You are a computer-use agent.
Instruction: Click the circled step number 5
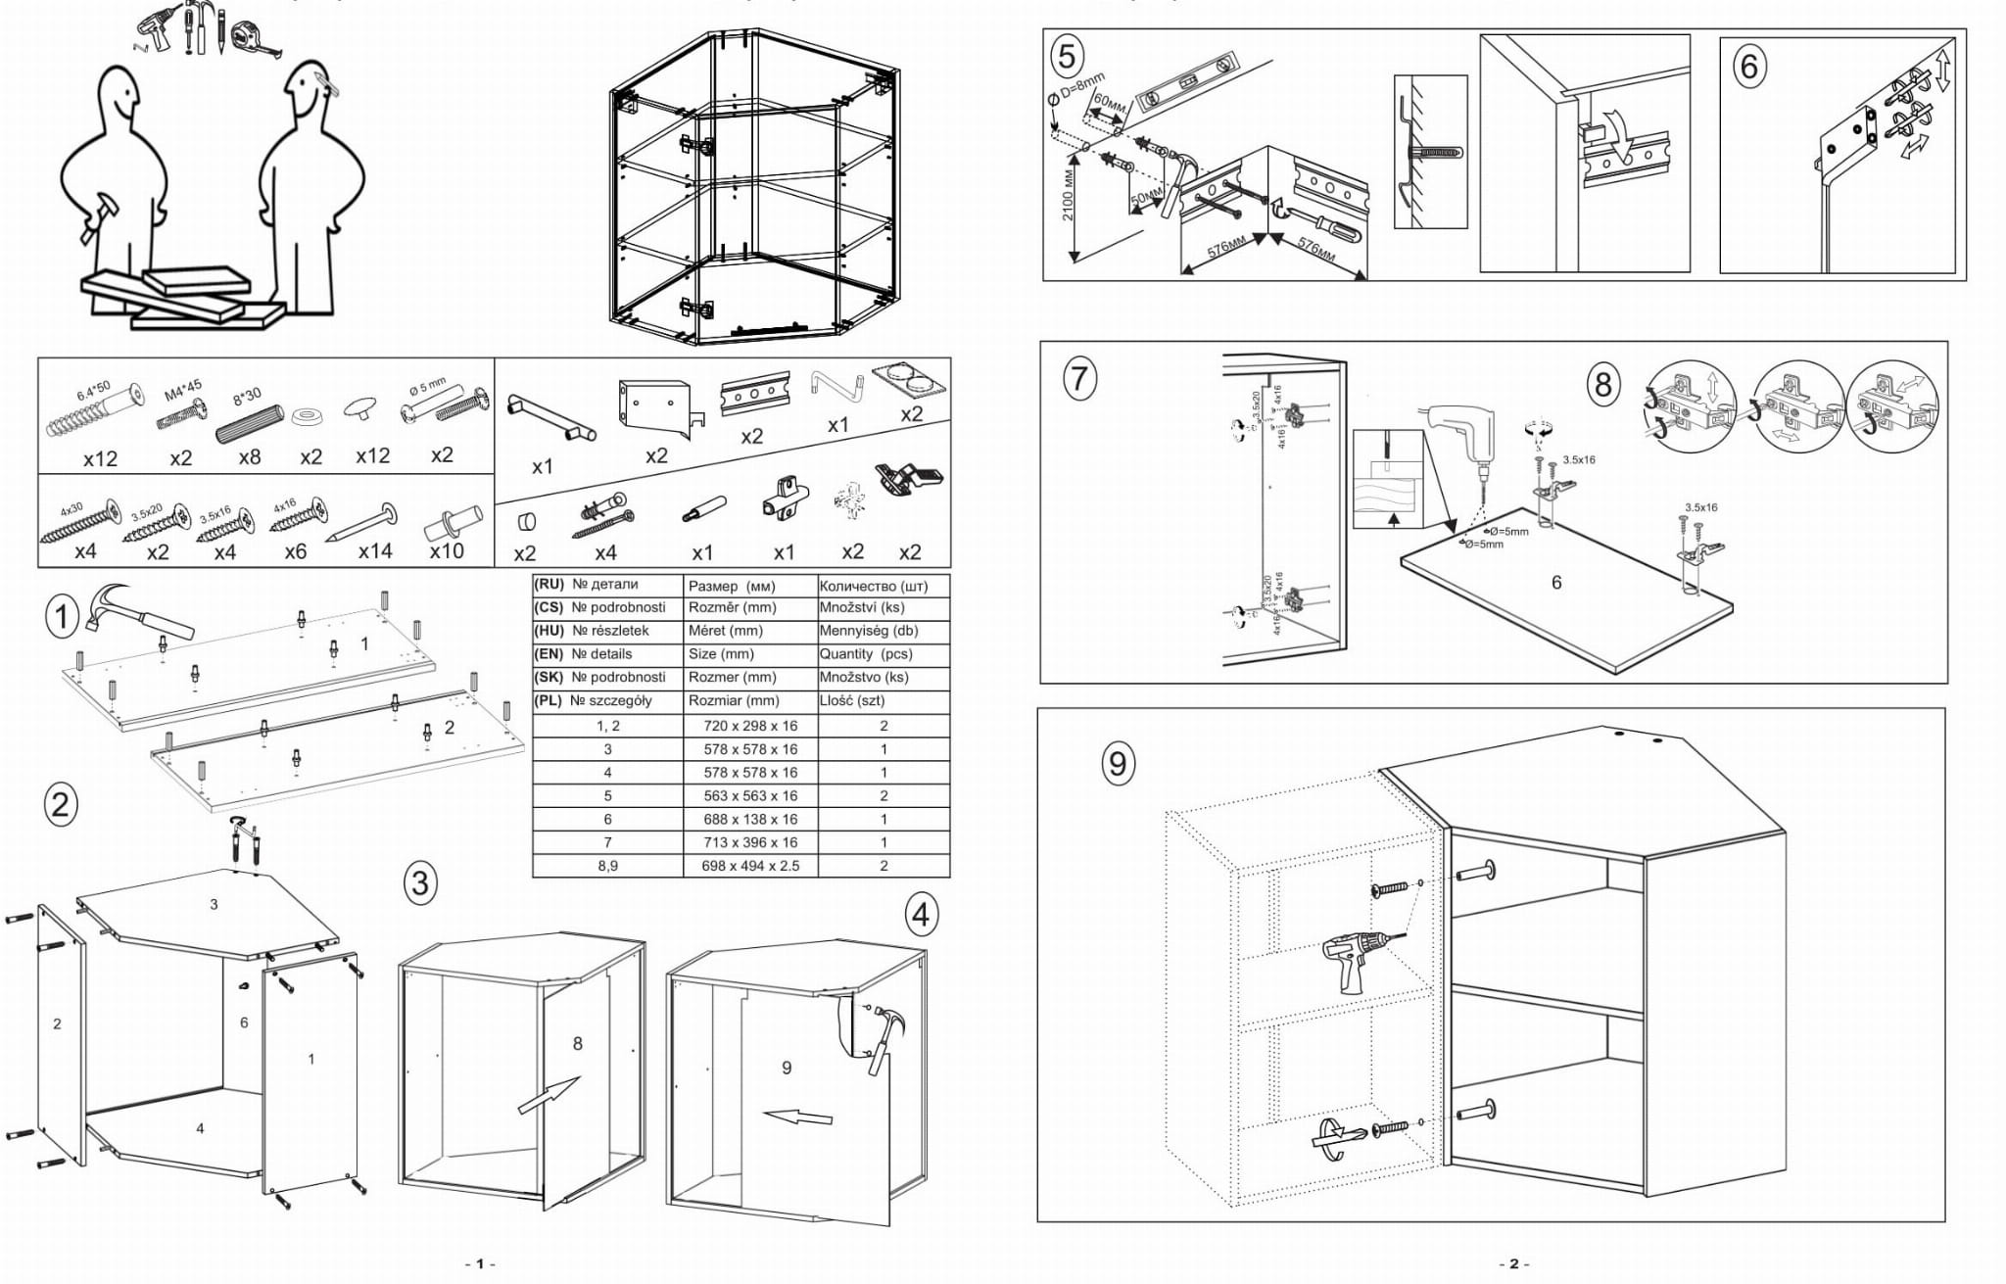[x=1067, y=55]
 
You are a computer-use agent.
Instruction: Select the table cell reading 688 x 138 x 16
[x=750, y=819]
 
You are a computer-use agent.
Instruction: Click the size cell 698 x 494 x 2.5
[x=750, y=866]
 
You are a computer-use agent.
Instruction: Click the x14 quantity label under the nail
[x=375, y=551]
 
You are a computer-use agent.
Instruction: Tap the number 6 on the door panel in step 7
[x=1556, y=583]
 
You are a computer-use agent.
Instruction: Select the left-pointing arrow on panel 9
[x=797, y=1117]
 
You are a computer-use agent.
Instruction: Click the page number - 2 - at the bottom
[x=1513, y=1264]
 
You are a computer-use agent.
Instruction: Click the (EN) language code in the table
[x=549, y=654]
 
